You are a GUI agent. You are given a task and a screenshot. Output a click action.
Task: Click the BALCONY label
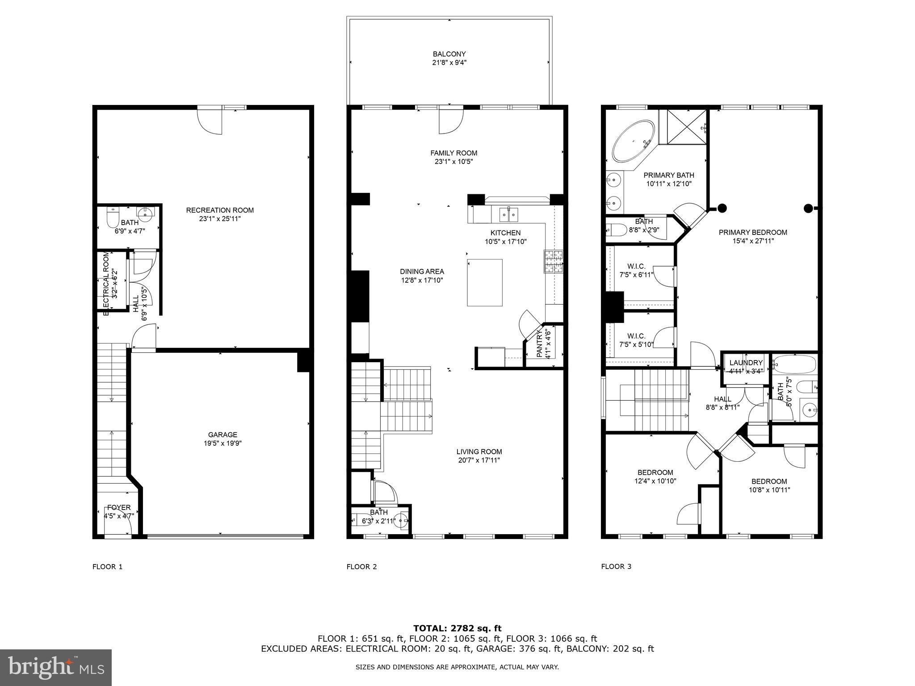point(449,54)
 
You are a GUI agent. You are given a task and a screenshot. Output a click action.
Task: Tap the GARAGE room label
point(222,435)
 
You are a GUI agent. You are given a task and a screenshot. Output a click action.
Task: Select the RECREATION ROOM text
point(220,210)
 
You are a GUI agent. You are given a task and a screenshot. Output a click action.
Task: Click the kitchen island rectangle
point(484,282)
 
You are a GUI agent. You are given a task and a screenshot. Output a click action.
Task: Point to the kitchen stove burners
point(554,262)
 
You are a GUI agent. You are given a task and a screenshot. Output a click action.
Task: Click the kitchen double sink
point(509,215)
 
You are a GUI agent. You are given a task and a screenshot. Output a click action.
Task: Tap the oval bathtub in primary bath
point(633,141)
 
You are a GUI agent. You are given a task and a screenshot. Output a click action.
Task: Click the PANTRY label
point(539,343)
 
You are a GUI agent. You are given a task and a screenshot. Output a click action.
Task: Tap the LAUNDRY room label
point(746,363)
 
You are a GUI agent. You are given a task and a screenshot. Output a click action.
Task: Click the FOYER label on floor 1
point(119,507)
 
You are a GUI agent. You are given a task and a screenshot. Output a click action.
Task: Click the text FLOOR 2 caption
point(361,567)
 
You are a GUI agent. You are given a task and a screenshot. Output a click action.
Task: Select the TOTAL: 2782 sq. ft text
point(457,628)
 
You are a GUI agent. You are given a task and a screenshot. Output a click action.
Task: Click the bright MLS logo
point(56,667)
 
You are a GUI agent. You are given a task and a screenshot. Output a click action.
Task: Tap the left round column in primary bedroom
point(722,208)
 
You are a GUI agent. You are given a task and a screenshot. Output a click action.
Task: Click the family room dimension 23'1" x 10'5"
point(453,162)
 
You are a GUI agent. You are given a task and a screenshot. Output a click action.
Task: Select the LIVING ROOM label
point(479,452)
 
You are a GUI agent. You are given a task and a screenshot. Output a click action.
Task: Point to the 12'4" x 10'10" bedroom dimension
point(655,481)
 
